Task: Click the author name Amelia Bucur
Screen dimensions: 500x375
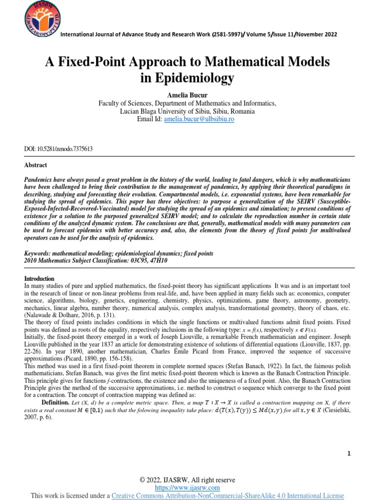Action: (x=187, y=95)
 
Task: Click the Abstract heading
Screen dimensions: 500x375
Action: (x=36, y=166)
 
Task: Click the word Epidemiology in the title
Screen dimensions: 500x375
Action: (x=195, y=78)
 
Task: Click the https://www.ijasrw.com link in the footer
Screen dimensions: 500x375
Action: (x=187, y=488)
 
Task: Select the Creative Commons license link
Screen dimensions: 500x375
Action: (x=228, y=496)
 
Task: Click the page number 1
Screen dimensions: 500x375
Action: (x=349, y=454)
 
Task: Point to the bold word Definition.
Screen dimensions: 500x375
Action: (x=55, y=401)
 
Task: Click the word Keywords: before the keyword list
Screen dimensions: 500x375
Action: (x=41, y=254)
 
